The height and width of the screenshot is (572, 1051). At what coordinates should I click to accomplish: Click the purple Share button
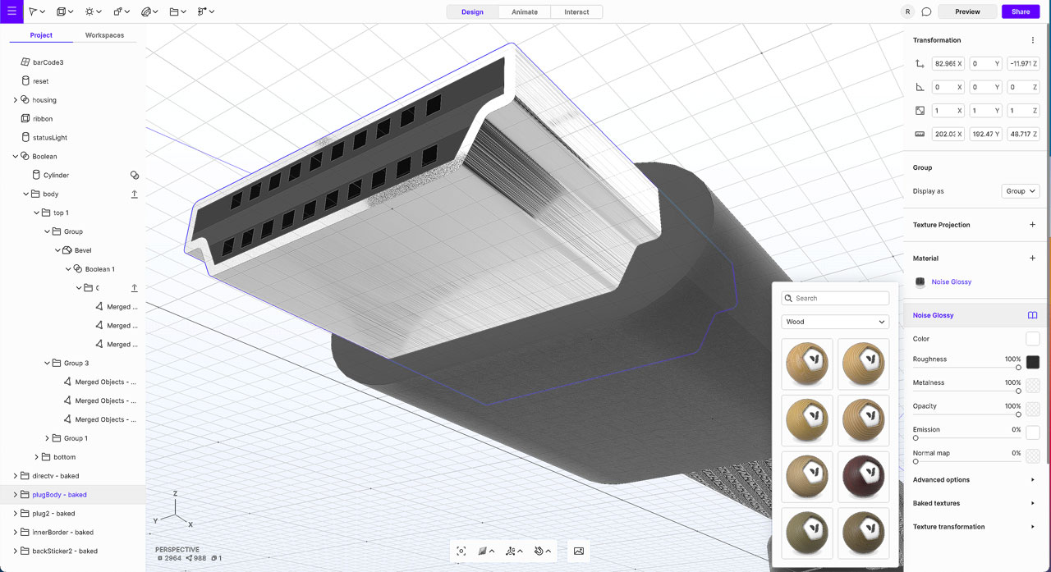1021,11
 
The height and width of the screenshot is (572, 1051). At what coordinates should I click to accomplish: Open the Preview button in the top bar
967,11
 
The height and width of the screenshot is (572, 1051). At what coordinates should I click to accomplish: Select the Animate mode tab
525,12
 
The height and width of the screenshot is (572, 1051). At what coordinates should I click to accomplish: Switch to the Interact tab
576,12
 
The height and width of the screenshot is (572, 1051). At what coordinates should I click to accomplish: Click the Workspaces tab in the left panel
104,35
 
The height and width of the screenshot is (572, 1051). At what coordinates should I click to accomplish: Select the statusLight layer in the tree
49,138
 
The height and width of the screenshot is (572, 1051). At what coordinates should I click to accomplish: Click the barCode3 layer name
48,62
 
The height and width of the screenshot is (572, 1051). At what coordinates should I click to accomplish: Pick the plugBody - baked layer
59,495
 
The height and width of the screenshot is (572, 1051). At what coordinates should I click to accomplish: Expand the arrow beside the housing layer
15,100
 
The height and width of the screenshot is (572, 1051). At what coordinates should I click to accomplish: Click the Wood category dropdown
835,322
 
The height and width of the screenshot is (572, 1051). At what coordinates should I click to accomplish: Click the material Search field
835,299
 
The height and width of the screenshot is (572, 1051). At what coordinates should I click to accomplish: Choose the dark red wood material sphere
863,475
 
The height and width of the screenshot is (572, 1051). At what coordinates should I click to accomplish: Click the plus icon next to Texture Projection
1032,225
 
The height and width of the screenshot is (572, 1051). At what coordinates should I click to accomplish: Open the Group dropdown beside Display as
1021,191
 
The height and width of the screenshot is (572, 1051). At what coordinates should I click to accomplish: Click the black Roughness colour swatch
1032,362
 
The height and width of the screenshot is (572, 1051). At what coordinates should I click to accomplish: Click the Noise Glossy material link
951,282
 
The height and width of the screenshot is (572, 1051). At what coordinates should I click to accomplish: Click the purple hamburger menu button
11,11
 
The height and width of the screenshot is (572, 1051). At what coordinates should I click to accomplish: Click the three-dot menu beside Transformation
1032,40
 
